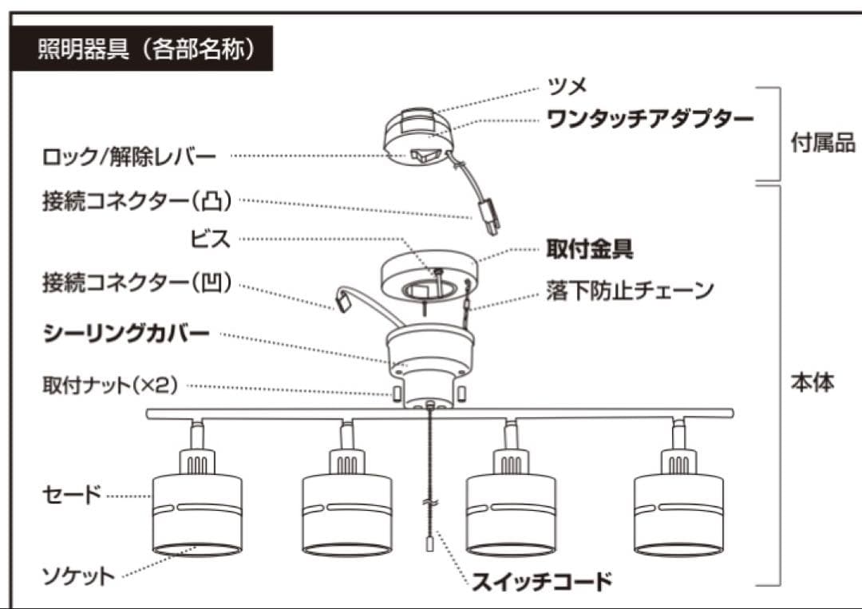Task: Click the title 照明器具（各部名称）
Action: [146, 50]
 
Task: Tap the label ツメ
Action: [567, 85]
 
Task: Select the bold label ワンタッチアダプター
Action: [650, 120]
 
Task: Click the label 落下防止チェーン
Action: [630, 290]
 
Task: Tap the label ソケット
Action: [78, 575]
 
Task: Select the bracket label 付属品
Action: [822, 144]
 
